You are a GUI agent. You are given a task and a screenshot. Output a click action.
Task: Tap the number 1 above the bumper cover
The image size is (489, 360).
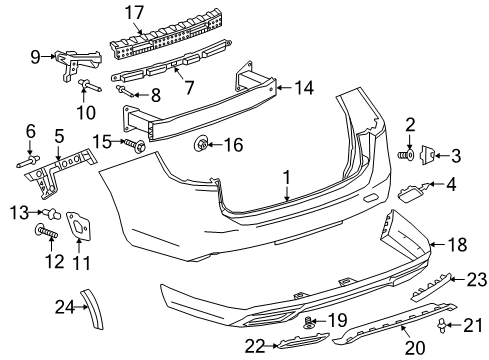pyautogui.click(x=286, y=180)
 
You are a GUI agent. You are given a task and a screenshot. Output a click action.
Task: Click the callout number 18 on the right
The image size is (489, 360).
pyautogui.click(x=455, y=243)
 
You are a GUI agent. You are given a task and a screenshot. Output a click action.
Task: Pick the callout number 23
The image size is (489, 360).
pyautogui.click(x=477, y=278)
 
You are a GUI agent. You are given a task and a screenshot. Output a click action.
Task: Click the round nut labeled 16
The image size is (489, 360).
pyautogui.click(x=203, y=146)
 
